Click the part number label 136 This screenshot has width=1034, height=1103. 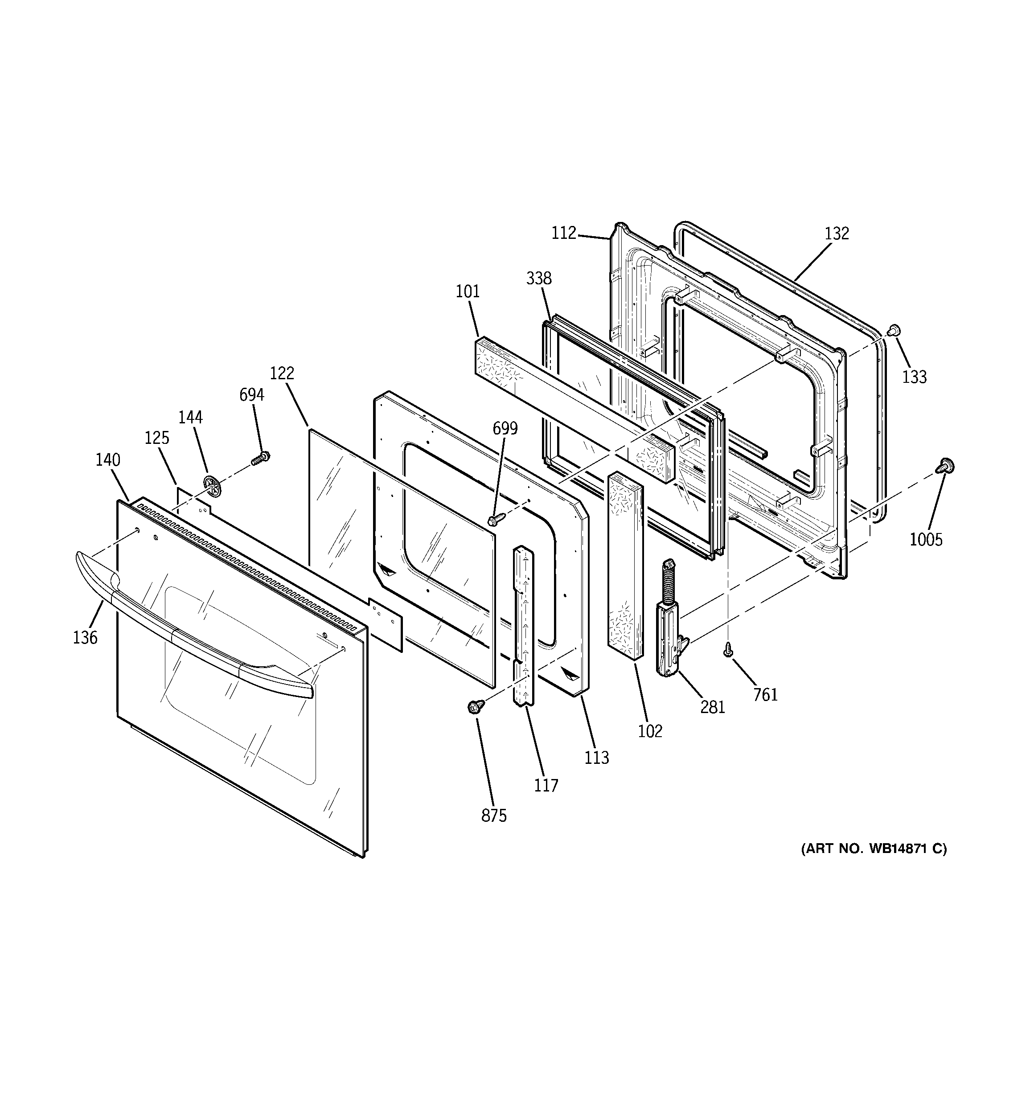pos(85,637)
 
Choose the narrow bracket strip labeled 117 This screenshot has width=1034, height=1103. pos(523,627)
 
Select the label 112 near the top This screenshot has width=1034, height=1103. pos(564,233)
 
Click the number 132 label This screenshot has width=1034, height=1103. pos(837,234)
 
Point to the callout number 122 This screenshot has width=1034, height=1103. pos(282,373)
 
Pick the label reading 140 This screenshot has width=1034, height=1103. pos(108,459)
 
